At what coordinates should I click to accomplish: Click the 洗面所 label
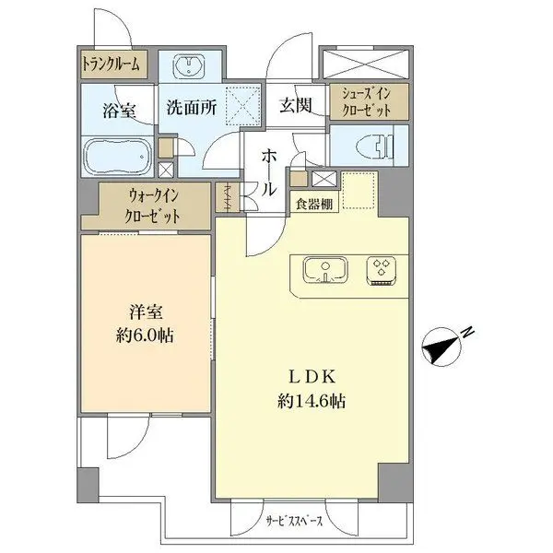(x=191, y=108)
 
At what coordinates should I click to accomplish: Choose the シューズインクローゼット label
(x=366, y=101)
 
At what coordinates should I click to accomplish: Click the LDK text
(x=311, y=378)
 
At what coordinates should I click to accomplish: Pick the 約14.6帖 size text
(x=311, y=402)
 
